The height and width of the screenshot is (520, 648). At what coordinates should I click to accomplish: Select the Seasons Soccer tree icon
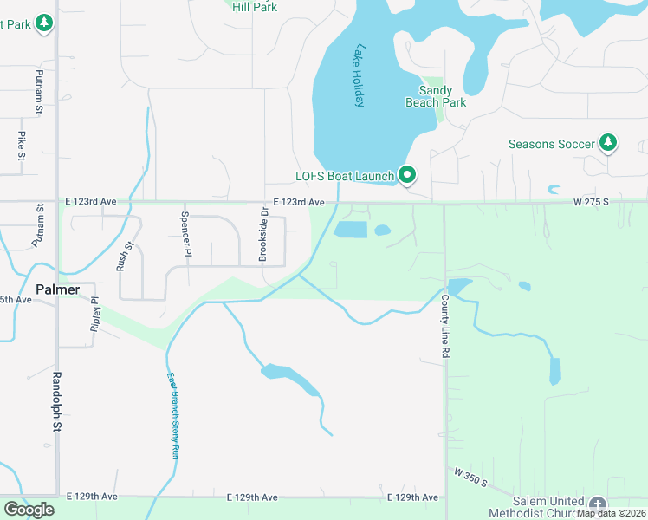608,143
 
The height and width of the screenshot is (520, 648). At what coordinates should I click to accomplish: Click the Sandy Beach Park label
436,96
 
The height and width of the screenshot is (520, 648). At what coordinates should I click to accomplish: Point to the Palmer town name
58,289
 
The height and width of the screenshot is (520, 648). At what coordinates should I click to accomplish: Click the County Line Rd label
444,327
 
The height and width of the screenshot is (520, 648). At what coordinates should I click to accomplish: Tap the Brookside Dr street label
263,234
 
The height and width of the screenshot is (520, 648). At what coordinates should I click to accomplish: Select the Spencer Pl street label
185,234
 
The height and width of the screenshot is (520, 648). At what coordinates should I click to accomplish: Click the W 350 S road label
470,477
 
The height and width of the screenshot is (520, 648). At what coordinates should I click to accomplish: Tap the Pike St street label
22,146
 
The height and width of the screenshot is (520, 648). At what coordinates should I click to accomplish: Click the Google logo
29,509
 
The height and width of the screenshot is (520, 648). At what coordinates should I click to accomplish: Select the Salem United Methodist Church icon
598,504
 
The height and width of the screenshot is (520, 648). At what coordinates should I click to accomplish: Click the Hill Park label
255,6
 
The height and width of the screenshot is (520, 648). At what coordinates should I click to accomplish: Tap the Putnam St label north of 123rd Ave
39,92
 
